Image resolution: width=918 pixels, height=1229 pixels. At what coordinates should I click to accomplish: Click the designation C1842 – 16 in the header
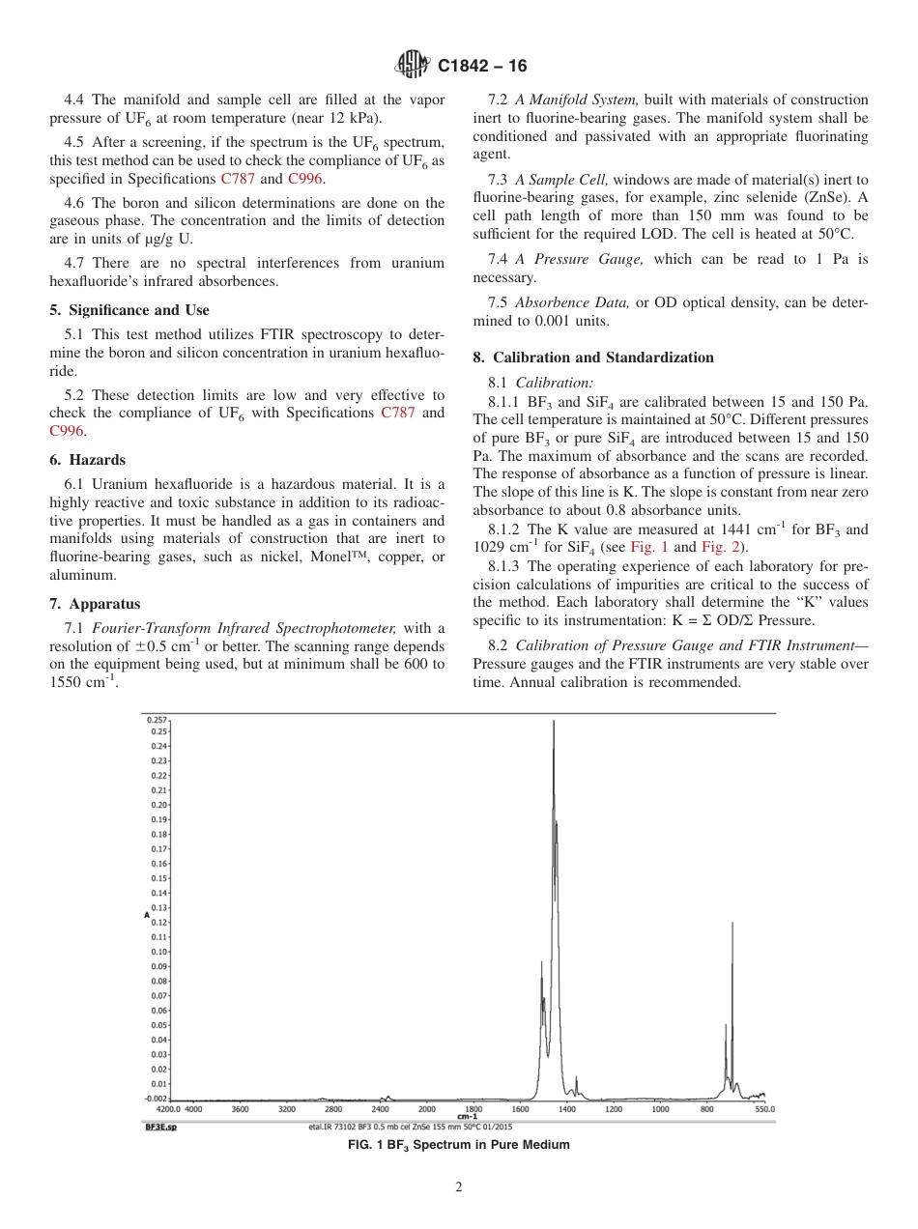(482, 67)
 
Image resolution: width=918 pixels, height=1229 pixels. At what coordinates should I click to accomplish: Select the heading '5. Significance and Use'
(129, 310)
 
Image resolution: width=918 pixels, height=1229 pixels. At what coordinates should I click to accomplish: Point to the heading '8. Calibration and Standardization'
(593, 357)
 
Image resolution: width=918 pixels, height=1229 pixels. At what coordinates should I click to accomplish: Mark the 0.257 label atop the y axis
(157, 721)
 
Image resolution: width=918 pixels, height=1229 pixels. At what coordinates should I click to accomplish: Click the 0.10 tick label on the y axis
(159, 951)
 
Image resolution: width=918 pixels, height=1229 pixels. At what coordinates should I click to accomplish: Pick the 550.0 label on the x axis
(763, 1109)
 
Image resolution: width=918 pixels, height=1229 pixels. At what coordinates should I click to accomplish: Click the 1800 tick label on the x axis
(473, 1109)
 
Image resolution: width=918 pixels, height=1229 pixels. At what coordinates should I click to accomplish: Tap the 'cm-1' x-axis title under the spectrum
(467, 1117)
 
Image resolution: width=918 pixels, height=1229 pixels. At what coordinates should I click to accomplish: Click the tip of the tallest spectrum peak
(553, 721)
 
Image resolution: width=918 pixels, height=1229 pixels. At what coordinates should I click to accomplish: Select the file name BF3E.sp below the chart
(161, 1127)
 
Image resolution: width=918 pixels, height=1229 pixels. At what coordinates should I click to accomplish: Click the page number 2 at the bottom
(459, 1187)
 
